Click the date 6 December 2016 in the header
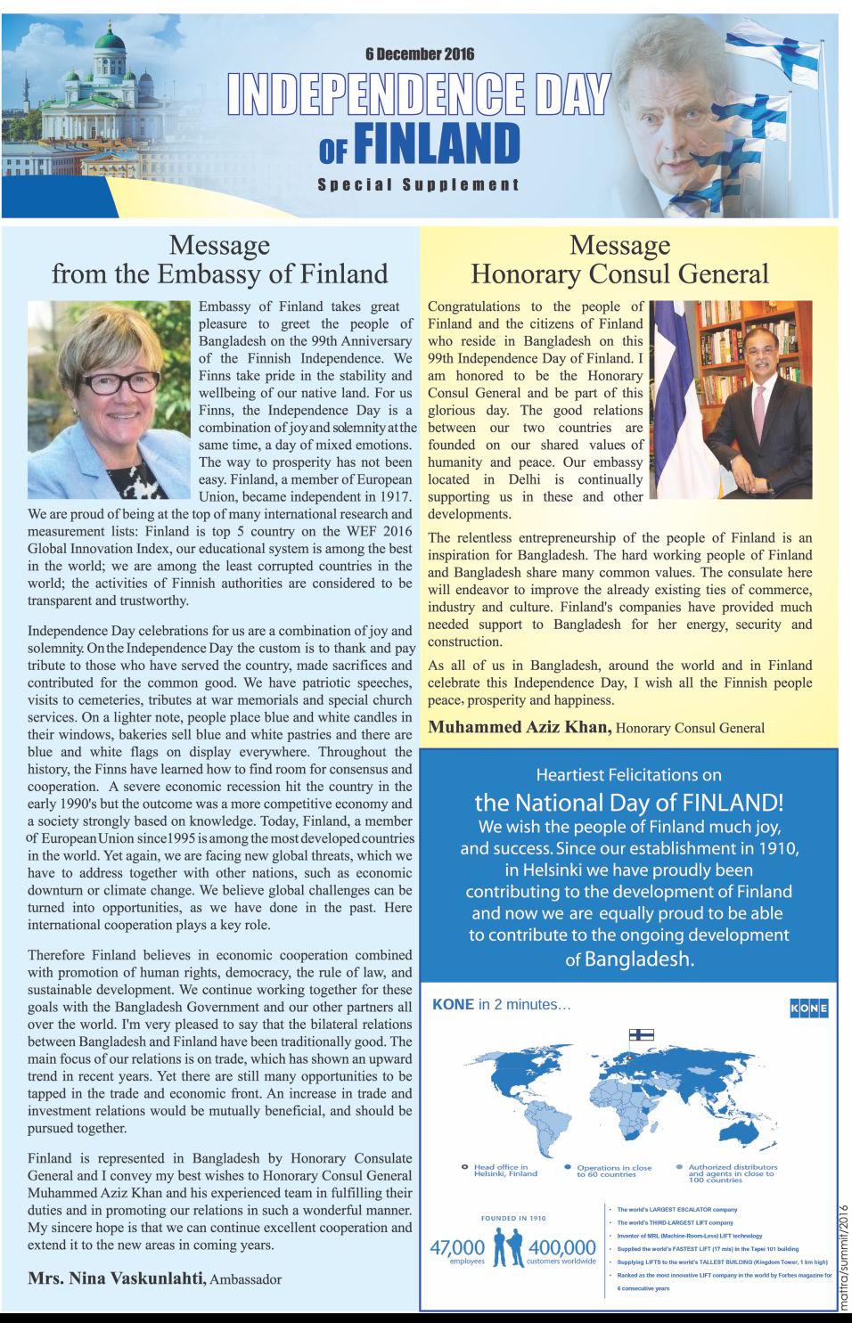419,54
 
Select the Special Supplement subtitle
418,184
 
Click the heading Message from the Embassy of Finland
219,259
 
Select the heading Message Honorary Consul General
619,259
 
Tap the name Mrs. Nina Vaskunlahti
116,1278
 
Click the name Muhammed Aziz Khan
520,727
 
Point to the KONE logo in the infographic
808,1008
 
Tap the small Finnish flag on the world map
642,1034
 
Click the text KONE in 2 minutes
501,1005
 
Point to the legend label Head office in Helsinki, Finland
505,1170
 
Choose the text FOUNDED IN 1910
513,1218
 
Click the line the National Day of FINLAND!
628,800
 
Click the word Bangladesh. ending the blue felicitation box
638,960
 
